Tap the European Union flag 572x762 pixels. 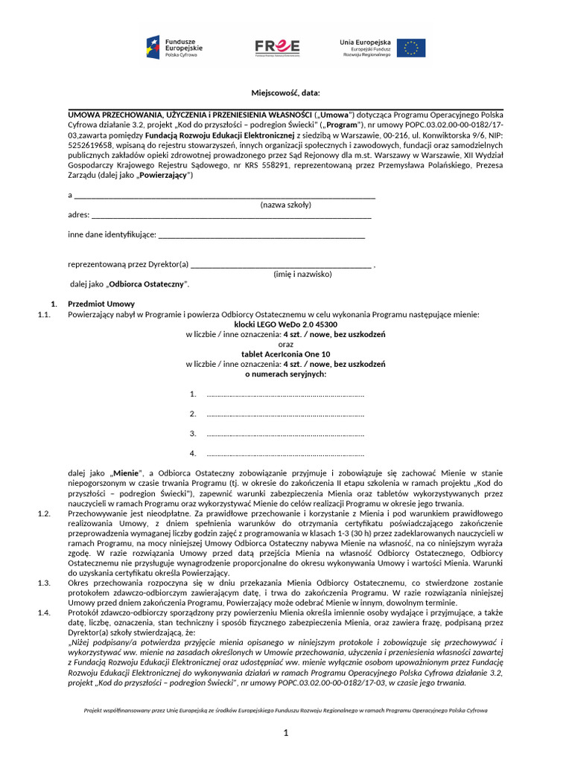point(410,48)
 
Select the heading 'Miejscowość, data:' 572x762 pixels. point(285,92)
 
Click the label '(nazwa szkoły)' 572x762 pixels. point(285,205)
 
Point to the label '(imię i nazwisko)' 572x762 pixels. point(302,274)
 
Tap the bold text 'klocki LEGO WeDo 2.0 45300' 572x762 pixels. point(285,325)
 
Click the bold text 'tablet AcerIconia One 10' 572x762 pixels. point(285,355)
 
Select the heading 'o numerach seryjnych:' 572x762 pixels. point(285,374)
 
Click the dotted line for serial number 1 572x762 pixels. point(285,394)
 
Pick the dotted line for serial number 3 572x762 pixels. point(285,434)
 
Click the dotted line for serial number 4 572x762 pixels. point(285,453)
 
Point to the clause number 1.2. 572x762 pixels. point(43,513)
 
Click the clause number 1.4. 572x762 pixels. point(43,612)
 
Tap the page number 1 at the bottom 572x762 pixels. point(285,734)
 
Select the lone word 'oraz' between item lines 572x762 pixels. point(285,345)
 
